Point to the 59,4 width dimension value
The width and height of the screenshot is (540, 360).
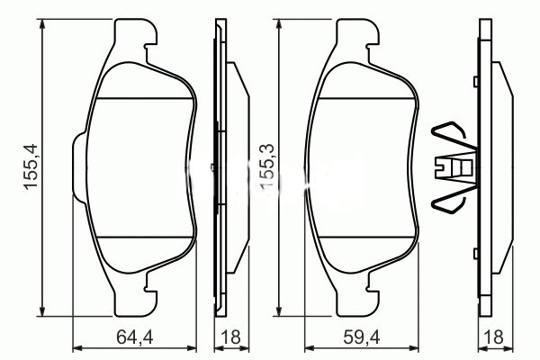pyautogui.click(x=364, y=340)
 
